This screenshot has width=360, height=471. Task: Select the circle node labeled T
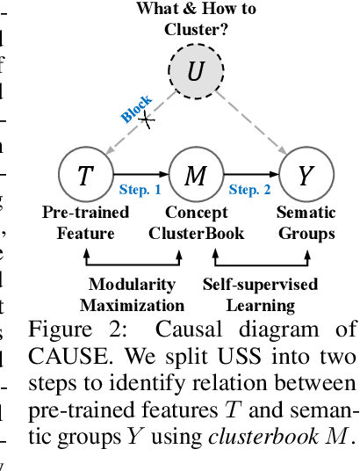tap(84, 176)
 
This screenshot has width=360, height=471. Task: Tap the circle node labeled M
tap(195, 176)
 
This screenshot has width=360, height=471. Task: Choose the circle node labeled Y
tap(305, 176)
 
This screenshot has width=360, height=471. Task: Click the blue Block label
tap(136, 108)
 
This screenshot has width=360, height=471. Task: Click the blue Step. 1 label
tap(140, 190)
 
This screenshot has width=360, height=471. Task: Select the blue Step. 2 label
tap(250, 190)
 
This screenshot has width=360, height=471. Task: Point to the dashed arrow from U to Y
tap(251, 124)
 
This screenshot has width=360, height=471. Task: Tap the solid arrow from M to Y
tap(249, 176)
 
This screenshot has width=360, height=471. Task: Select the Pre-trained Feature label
tap(85, 223)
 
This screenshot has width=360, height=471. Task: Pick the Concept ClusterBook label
tap(195, 223)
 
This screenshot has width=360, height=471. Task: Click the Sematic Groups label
tap(306, 223)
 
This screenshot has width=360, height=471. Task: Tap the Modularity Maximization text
tap(133, 294)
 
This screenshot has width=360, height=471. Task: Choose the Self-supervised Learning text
tap(260, 294)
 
